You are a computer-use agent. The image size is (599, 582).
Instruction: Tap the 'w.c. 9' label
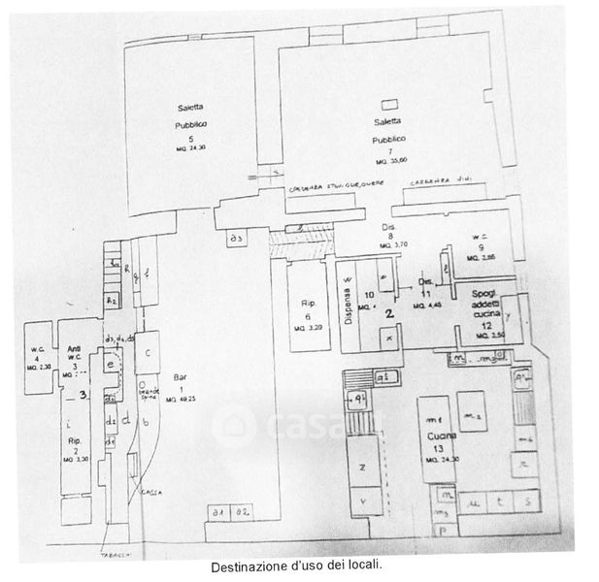pyautogui.click(x=477, y=246)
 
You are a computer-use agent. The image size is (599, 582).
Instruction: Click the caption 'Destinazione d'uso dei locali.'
pyautogui.click(x=296, y=564)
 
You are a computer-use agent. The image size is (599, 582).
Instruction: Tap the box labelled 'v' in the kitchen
pyautogui.click(x=362, y=501)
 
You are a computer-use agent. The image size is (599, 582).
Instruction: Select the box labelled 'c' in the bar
pyautogui.click(x=147, y=351)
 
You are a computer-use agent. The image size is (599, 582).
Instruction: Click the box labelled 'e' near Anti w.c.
pyautogui.click(x=112, y=364)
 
